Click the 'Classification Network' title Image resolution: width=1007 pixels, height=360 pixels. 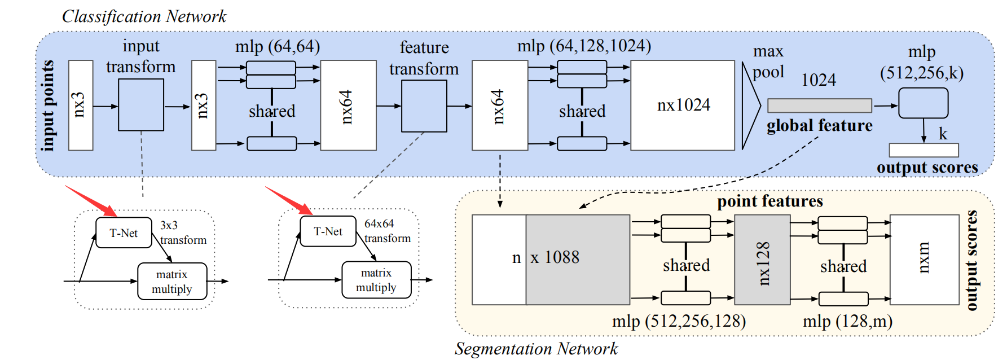coord(144,16)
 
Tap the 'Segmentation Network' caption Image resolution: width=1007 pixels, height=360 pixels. coord(536,349)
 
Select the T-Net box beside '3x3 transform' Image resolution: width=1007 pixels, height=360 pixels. coord(124,232)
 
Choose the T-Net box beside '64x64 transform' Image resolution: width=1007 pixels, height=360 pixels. coord(328,231)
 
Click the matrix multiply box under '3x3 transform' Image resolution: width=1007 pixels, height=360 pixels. coord(172,281)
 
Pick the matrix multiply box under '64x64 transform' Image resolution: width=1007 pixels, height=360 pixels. coord(376,280)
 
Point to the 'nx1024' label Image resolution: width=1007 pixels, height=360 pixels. coord(683,105)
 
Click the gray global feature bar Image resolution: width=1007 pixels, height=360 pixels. coord(819,106)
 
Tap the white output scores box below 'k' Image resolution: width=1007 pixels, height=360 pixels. coord(924,150)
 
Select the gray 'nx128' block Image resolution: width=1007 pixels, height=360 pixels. coord(762,260)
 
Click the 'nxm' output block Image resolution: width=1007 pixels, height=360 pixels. coord(924,260)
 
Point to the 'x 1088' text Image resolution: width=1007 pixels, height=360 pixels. coord(555,257)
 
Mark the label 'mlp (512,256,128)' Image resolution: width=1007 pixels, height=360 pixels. coord(679,321)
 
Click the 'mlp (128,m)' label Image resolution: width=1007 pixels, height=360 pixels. coord(847,321)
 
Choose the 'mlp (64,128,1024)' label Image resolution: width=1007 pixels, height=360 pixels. coord(584,45)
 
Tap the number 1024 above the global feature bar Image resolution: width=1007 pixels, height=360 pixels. coord(819,80)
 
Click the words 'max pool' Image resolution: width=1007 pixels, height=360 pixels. coord(768,62)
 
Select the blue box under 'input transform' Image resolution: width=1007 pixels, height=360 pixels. coord(141,105)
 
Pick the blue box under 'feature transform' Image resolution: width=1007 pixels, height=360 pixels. coord(424,106)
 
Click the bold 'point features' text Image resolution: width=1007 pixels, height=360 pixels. coord(769,201)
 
